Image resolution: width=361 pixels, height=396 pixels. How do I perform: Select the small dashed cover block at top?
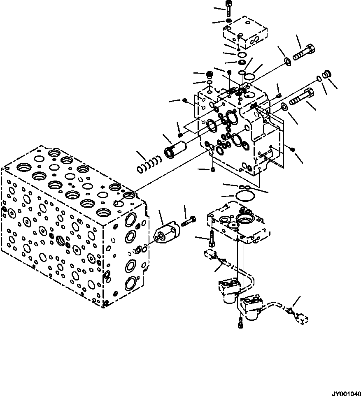pos(246,32)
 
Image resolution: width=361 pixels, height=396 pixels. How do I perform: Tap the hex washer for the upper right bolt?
pos(287,62)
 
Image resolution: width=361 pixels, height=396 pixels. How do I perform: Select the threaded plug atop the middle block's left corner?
pos(209,75)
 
